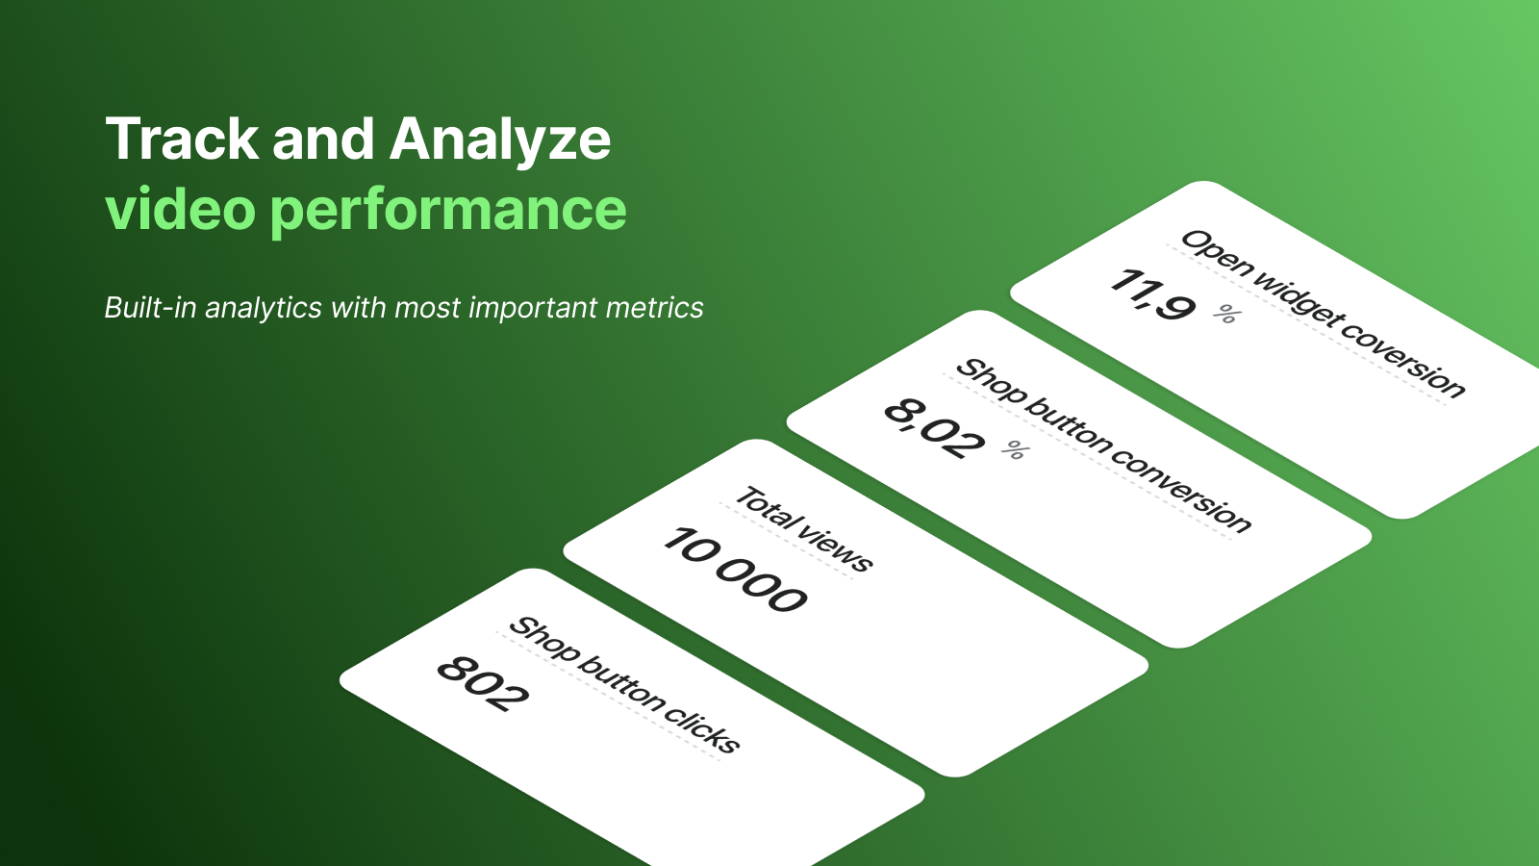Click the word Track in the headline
tap(182, 139)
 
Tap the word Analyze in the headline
tap(500, 140)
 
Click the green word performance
tap(448, 212)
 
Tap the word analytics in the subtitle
tap(264, 308)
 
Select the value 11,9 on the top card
tap(1153, 294)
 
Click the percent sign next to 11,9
tap(1227, 314)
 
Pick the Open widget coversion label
tap(1324, 314)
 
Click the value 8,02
tap(934, 427)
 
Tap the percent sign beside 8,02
tap(1016, 449)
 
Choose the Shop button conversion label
tap(1103, 446)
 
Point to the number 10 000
tap(735, 569)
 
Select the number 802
tap(483, 683)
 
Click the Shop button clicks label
tap(624, 684)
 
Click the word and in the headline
tap(324, 140)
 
